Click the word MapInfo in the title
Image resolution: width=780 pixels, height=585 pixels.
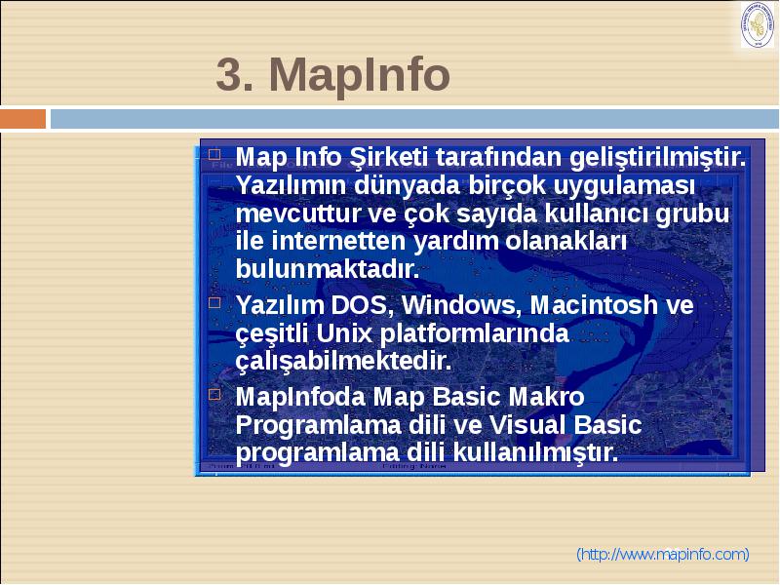tap(359, 75)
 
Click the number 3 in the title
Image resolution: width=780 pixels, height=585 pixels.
tap(229, 75)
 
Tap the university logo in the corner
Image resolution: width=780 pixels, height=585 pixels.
tap(758, 25)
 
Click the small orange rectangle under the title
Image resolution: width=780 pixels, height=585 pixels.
tap(22, 119)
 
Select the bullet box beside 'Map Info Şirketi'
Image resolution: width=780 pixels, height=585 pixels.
tap(214, 154)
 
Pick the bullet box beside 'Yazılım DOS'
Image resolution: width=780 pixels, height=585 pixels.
tap(214, 302)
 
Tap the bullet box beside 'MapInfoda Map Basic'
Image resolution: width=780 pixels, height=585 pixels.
tap(214, 395)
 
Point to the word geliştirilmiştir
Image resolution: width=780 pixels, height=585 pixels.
tap(657, 158)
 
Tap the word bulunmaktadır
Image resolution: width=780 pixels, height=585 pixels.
tap(328, 269)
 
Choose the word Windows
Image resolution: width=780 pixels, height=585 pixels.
tap(461, 305)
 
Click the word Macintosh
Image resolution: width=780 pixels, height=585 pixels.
tap(594, 305)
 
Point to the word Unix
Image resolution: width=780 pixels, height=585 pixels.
tap(344, 333)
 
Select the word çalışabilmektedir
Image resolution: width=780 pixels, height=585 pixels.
tap(344, 362)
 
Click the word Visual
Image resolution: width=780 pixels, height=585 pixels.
tap(527, 425)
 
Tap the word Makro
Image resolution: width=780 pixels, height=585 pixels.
tap(546, 397)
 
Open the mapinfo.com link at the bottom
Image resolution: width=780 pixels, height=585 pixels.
tap(663, 554)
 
